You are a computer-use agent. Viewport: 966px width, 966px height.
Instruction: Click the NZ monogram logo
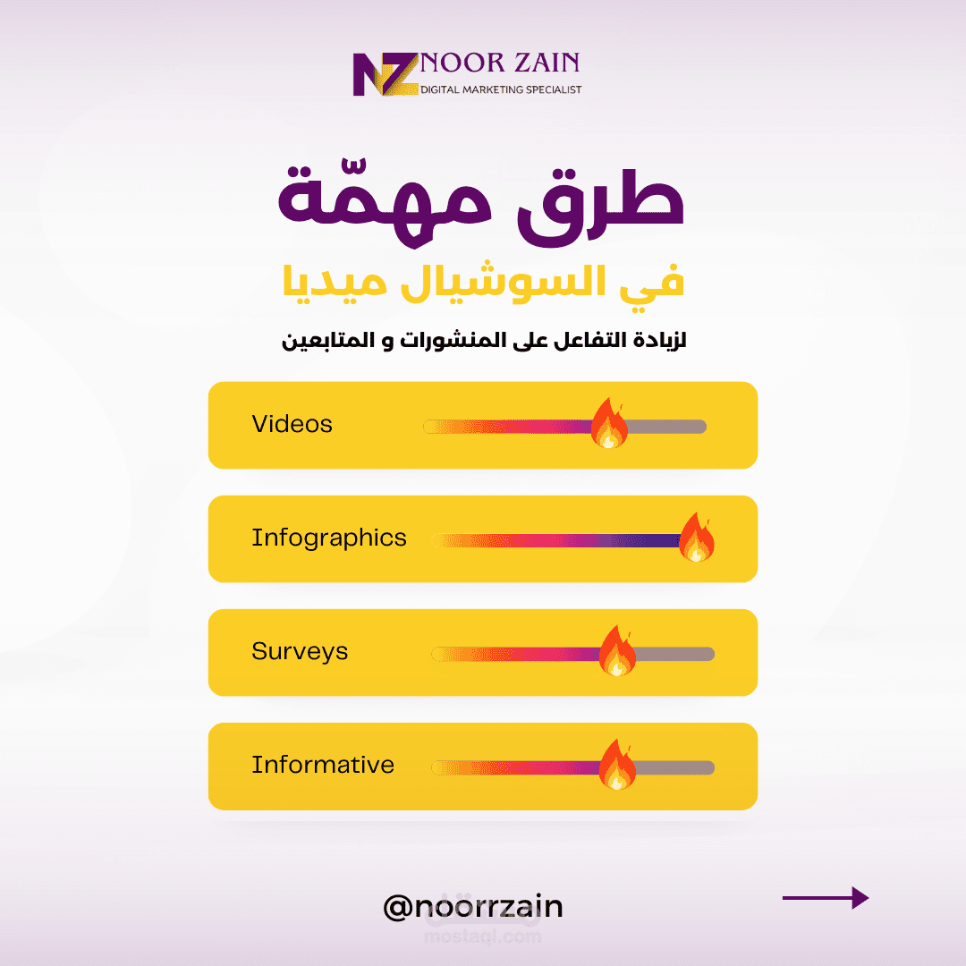[x=386, y=74]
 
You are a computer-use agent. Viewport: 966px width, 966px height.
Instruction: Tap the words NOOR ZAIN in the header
[x=500, y=64]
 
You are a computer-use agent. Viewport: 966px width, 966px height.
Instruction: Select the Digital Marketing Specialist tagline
[x=501, y=90]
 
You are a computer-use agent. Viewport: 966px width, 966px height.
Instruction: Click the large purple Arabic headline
[x=481, y=203]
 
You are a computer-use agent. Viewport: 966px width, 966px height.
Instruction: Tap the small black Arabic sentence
[x=484, y=340]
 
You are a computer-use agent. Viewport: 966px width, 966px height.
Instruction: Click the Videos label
[x=292, y=424]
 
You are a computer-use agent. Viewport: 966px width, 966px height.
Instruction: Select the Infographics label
[x=329, y=538]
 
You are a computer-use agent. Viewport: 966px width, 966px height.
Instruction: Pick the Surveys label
[x=300, y=652]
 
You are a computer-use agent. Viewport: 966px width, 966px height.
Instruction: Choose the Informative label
[x=323, y=765]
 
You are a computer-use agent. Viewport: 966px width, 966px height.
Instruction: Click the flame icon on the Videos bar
[x=609, y=423]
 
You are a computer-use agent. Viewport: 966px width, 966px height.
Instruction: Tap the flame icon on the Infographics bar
[x=697, y=538]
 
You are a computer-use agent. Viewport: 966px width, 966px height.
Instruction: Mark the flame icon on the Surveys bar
[x=617, y=650]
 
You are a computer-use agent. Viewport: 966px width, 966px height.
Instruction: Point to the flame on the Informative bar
[x=617, y=765]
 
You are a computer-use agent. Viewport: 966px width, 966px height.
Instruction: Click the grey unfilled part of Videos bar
[x=667, y=427]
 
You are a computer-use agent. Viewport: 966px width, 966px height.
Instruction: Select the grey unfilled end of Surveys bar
[x=675, y=654]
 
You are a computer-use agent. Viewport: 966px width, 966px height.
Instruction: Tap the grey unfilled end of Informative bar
[x=675, y=767]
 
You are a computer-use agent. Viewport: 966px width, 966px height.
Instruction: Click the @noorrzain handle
[x=473, y=907]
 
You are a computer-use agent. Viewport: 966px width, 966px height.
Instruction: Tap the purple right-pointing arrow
[x=826, y=898]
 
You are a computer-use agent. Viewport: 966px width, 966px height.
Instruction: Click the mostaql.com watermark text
[x=482, y=937]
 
